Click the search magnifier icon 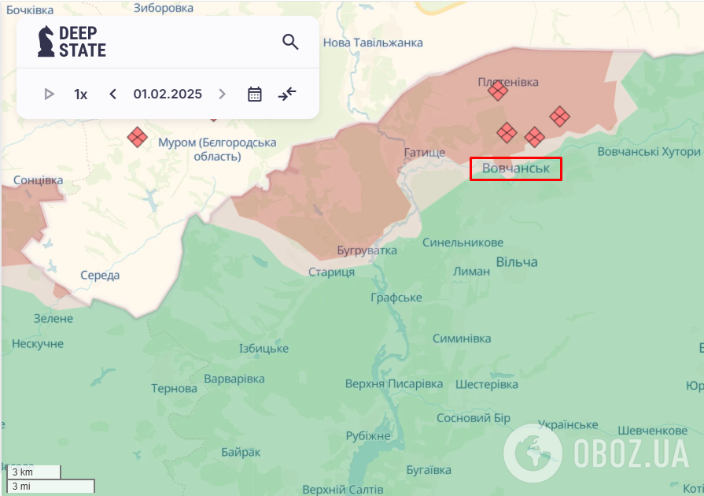290,42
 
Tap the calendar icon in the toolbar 255,94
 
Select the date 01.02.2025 168,94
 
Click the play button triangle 50,94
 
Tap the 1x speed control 80,94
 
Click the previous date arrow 113,94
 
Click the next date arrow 222,94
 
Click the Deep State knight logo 46,41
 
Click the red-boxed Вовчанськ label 516,168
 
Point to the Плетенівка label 508,82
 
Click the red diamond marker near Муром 138,137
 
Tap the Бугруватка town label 367,250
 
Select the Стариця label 331,272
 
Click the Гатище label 424,152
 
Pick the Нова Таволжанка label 373,43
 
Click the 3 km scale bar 33,472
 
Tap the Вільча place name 517,261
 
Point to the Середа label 100,276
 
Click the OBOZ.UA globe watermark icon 533,453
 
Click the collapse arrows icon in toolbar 287,94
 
